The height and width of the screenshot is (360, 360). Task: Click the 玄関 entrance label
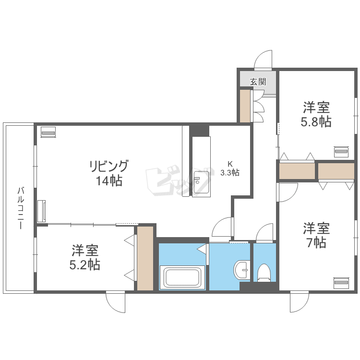[x=258, y=82]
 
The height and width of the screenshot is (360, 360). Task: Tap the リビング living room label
[x=108, y=166]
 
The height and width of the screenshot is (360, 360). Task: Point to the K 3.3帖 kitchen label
[x=230, y=168]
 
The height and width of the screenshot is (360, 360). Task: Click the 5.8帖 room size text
[x=316, y=121]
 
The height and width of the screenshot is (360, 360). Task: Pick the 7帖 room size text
[x=316, y=242]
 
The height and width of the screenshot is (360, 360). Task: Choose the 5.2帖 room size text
[x=84, y=264]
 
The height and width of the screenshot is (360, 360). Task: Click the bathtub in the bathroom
[x=182, y=277]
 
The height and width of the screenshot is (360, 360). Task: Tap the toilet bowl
[x=264, y=273]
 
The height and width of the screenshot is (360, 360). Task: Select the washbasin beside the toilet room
[x=242, y=270]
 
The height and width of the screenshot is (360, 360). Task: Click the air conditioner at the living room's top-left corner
[x=48, y=132]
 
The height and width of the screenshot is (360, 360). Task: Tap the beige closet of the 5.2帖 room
[x=145, y=258]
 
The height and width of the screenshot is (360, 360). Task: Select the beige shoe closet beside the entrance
[x=245, y=106]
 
